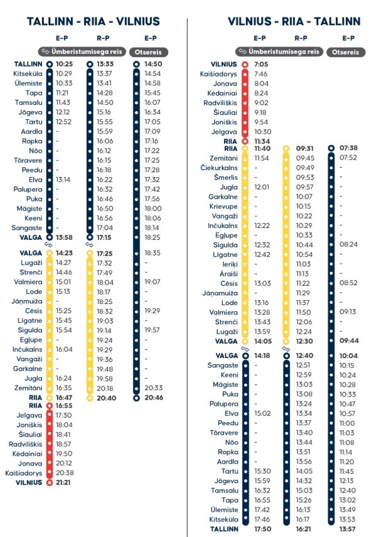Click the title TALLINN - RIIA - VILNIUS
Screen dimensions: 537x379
93,22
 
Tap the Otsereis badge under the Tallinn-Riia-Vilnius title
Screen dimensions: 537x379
151,51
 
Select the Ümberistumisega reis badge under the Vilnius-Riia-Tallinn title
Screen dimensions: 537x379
280,51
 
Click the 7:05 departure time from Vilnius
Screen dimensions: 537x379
261,64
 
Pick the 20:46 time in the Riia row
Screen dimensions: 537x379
153,398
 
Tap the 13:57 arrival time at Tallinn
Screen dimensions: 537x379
348,529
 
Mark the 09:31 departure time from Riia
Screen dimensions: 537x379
304,149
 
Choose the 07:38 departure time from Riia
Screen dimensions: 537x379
348,149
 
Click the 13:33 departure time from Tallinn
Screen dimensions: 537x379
105,64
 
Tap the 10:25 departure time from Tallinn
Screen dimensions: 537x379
65,64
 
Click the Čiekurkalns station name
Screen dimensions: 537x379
220,168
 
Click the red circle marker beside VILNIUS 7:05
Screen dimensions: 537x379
245,64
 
